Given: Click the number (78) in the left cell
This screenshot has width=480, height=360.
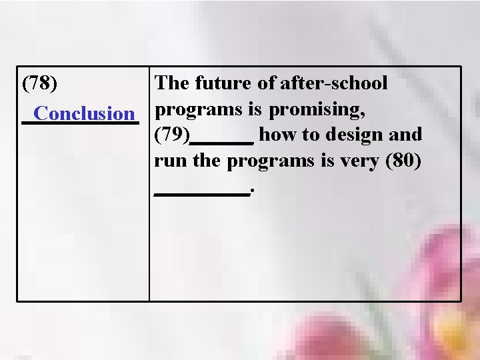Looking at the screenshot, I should coord(39,84).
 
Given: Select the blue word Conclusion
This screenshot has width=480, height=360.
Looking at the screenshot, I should coord(84,113).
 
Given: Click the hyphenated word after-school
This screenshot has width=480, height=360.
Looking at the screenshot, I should coord(333,83).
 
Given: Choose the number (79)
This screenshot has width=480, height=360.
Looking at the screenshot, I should coord(171,135).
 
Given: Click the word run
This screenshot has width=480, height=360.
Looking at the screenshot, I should coord(167,162).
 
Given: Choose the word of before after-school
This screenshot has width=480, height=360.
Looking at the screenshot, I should coord(267,83).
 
